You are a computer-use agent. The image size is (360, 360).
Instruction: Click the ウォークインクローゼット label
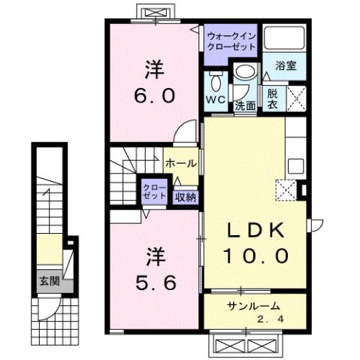231,39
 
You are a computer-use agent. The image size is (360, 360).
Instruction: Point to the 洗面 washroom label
244,105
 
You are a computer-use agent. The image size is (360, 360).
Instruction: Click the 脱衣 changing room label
273,98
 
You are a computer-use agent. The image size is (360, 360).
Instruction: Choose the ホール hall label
180,163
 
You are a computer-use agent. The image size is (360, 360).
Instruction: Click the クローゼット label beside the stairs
155,190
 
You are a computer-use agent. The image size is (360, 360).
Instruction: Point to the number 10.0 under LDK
256,256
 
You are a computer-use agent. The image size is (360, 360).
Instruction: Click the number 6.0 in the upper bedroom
155,95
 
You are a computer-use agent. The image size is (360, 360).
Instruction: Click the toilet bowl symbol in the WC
216,80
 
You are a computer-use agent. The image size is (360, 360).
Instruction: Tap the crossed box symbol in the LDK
286,189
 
